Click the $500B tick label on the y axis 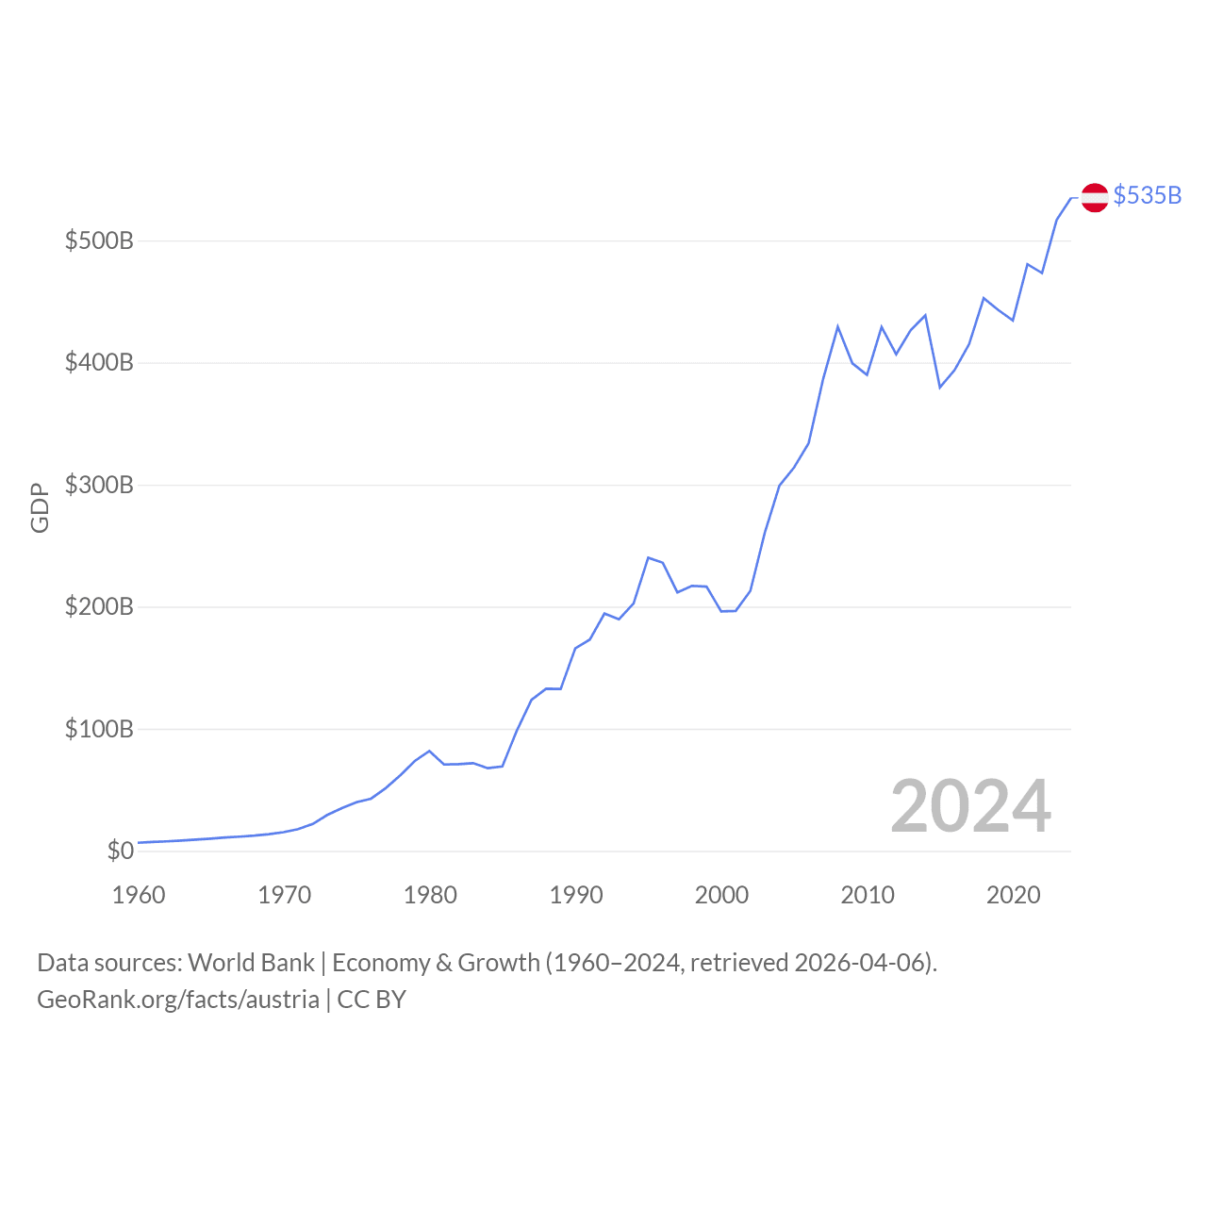point(99,240)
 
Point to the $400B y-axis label point(99,362)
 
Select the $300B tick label point(99,485)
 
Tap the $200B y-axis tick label point(99,606)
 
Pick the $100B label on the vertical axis point(99,729)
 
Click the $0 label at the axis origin point(120,851)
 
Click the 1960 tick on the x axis point(139,895)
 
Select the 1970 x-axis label point(284,895)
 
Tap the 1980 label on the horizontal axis point(430,895)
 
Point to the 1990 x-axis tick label point(576,895)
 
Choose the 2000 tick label point(721,895)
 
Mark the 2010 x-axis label point(868,895)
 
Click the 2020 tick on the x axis point(1014,895)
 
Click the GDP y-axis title point(40,508)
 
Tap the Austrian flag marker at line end point(1094,197)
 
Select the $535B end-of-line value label point(1147,195)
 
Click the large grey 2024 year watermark point(970,806)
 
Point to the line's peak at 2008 point(837,326)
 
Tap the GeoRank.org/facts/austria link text point(178,1000)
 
